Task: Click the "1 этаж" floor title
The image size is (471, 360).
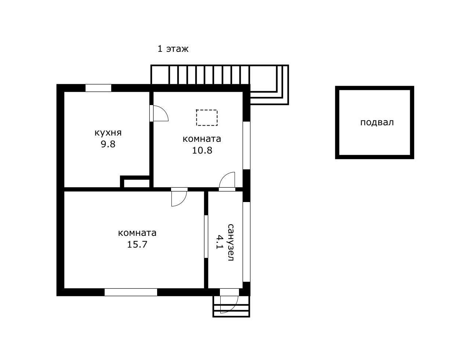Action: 173,49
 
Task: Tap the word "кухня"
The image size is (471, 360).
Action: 108,133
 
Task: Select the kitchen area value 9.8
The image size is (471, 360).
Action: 108,144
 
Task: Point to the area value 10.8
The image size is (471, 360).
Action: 202,150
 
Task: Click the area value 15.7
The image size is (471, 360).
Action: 137,244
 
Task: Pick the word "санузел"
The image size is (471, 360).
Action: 231,242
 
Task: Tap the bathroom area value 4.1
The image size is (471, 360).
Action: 219,242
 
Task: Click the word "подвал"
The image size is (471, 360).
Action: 377,123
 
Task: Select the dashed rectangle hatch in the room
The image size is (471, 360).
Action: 207,118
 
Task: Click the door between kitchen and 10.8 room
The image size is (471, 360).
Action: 159,114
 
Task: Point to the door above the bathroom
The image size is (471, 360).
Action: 227,181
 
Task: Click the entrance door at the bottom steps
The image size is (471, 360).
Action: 229,301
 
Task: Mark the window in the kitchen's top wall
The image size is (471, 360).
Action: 98,88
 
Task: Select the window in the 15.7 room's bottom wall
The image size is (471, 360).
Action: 131,292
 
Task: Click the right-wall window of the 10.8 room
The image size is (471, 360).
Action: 247,145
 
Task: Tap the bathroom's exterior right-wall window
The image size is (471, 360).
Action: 247,242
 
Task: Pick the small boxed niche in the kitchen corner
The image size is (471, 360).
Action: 135,182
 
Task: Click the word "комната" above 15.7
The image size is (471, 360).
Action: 137,233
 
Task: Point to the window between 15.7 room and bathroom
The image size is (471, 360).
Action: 206,237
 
